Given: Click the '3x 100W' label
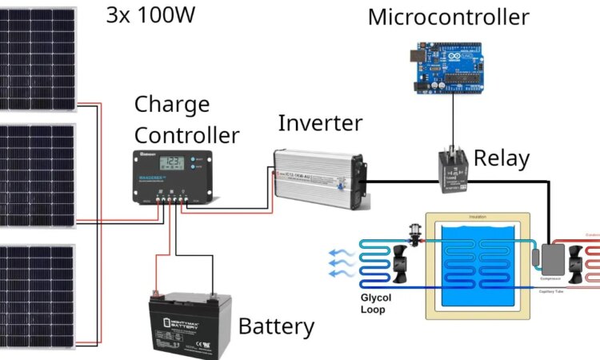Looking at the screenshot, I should pyautogui.click(x=151, y=17).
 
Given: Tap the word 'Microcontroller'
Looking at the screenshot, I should pyautogui.click(x=448, y=17).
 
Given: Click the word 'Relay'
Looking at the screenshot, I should pyautogui.click(x=502, y=158).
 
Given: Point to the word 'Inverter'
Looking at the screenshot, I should pyautogui.click(x=319, y=124).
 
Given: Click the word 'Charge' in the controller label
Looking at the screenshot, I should pyautogui.click(x=171, y=104).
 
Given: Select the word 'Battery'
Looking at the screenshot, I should pyautogui.click(x=276, y=326).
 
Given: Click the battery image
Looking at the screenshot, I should pyautogui.click(x=190, y=320).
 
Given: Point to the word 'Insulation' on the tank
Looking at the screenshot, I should pyautogui.click(x=477, y=217).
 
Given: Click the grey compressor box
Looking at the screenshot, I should pyautogui.click(x=551, y=258).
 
